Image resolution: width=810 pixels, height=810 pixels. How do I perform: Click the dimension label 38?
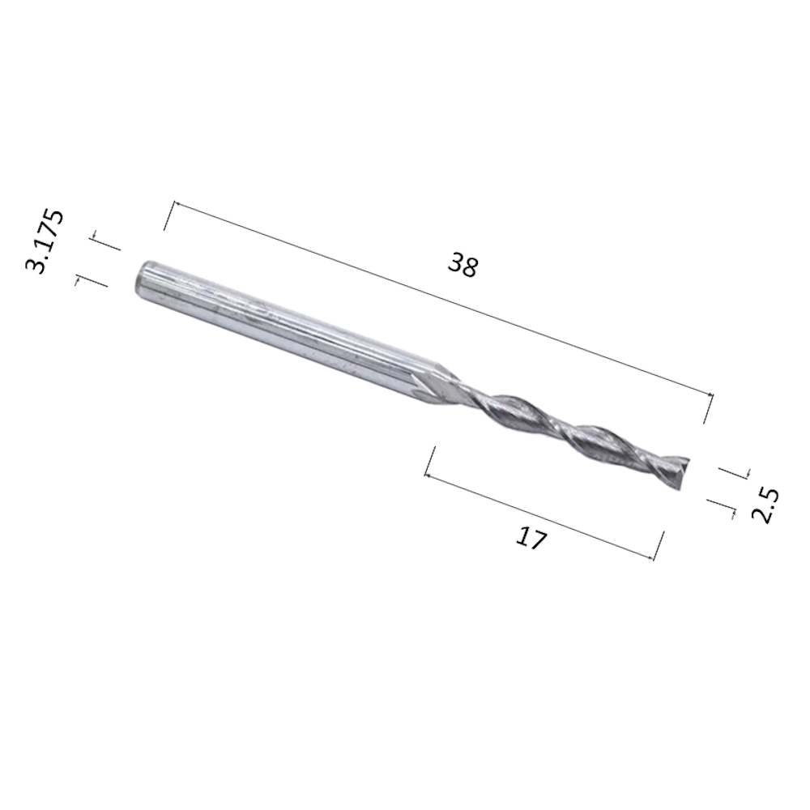[463, 265]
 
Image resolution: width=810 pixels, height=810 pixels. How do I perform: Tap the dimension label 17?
[531, 539]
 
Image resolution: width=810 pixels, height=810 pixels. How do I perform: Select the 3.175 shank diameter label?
[45, 241]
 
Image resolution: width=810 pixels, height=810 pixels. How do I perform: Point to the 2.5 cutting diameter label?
[765, 505]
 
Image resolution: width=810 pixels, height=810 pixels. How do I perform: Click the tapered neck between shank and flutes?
[438, 384]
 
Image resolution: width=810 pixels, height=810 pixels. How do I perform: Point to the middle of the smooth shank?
[284, 330]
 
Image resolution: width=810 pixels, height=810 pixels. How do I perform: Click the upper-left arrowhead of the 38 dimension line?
[176, 205]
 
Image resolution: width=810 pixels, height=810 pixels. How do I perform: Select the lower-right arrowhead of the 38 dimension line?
[711, 396]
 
